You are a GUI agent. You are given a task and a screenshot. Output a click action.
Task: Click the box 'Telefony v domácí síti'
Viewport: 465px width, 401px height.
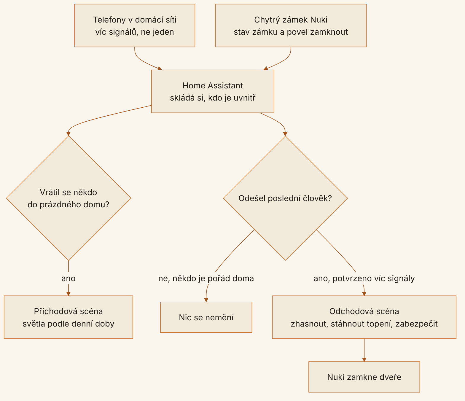pyautogui.click(x=135, y=26)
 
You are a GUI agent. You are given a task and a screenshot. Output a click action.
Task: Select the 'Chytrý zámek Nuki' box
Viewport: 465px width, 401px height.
pyautogui.click(x=291, y=26)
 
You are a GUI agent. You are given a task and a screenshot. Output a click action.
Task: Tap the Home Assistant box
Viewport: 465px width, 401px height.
pyautogui.click(x=213, y=91)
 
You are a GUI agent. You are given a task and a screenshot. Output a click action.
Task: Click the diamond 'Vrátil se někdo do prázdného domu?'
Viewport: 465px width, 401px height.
pyautogui.click(x=69, y=198)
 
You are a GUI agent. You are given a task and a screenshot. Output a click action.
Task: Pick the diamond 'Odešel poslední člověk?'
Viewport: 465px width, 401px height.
pyautogui.click(x=285, y=198)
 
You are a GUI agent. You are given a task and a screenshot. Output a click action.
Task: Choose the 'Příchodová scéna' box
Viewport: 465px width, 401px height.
pyautogui.click(x=69, y=317)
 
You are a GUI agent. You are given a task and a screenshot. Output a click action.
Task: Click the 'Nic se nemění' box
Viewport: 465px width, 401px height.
pyautogui.click(x=206, y=317)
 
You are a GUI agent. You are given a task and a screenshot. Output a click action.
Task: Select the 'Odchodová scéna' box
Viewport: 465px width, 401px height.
pyautogui.click(x=364, y=317)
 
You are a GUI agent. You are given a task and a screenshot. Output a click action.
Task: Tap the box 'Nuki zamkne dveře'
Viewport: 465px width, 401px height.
pyautogui.click(x=364, y=377)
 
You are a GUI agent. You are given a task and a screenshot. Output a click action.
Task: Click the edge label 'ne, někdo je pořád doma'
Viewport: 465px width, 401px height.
pyautogui.click(x=206, y=279)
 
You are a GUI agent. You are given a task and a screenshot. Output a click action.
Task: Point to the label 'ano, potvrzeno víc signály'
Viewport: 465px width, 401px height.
pyautogui.click(x=364, y=279)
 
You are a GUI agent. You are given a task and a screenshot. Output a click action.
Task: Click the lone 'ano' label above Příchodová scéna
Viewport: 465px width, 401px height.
pyautogui.click(x=69, y=279)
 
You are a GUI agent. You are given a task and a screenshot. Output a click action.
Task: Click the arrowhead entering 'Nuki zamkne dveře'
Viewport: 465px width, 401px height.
pyautogui.click(x=364, y=359)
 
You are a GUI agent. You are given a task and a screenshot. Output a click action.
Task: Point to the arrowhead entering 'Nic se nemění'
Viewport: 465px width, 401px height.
pyautogui.click(x=206, y=300)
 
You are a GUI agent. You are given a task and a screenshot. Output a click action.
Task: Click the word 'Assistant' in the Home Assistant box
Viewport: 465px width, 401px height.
pyautogui.click(x=225, y=85)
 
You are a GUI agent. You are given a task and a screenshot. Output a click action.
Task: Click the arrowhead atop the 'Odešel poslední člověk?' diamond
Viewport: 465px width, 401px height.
pyautogui.click(x=285, y=134)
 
